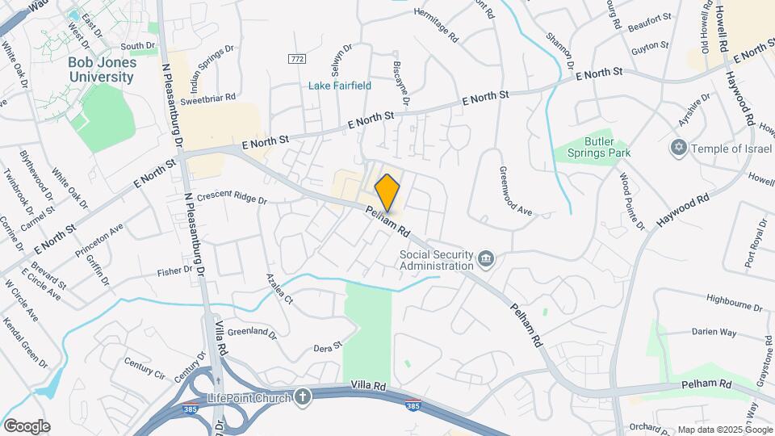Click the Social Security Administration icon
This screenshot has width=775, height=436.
pos(486,258)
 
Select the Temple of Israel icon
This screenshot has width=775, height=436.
pos(678,149)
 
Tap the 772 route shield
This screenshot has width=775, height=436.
pos(296,59)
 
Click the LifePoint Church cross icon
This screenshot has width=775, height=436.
pos(303,396)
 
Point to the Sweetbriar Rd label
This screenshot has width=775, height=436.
pos(207,98)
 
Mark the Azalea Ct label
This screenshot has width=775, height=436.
pos(279,288)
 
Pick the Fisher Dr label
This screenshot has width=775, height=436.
pos(177,271)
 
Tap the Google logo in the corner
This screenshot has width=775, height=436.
pos(27,426)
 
